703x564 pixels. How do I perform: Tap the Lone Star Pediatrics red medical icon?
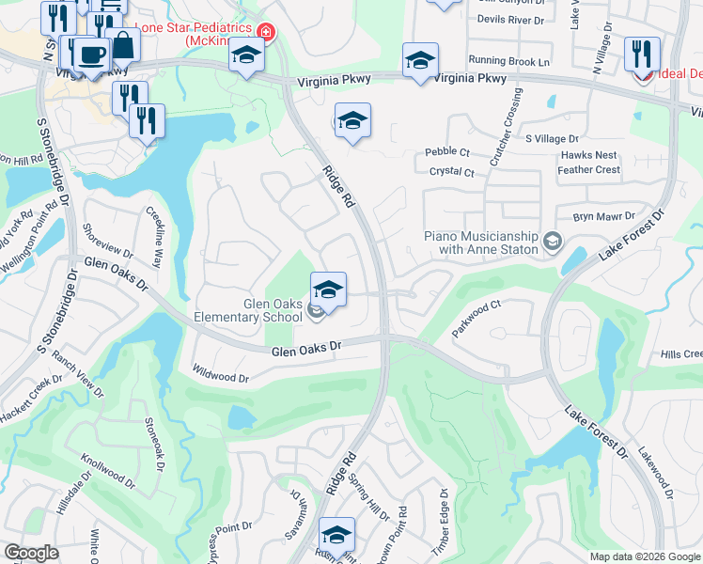[266, 33]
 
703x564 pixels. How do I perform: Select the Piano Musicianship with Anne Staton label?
[480, 243]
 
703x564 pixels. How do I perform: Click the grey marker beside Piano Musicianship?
[553, 243]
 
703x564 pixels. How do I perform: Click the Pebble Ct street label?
[447, 151]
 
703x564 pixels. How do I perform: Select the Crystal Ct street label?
[451, 172]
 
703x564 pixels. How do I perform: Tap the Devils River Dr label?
[510, 19]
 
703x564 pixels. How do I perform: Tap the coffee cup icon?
[90, 55]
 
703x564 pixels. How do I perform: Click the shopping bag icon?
[122, 43]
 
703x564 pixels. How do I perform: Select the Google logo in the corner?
[31, 553]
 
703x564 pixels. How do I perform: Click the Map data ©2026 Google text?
[644, 556]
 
